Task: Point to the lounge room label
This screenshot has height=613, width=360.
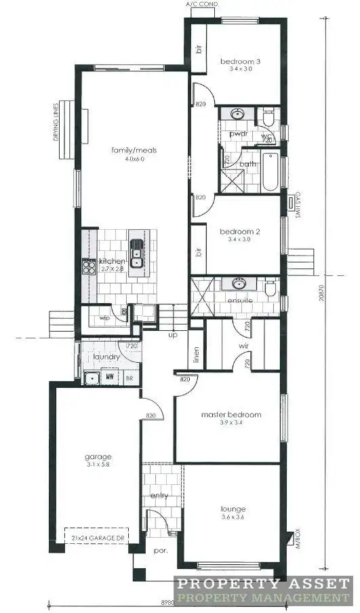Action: click(232, 509)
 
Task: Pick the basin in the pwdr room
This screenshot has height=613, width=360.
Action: click(238, 114)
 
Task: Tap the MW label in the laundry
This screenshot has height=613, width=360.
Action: click(109, 378)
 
